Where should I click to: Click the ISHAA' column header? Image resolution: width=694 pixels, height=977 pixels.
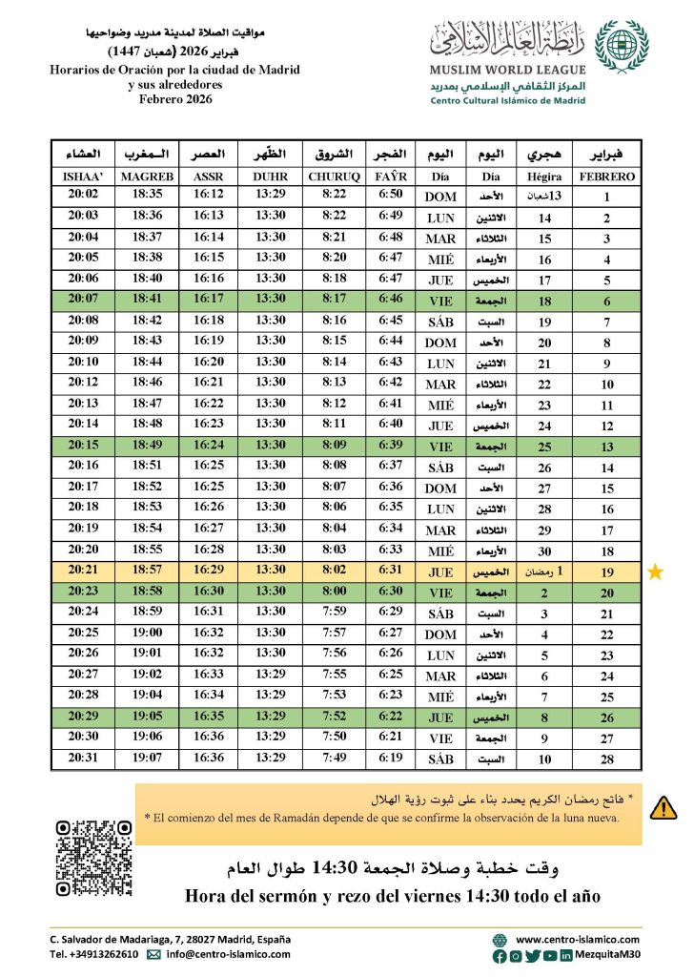pos(83,177)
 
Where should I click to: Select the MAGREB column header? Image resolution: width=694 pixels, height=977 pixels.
pos(148,177)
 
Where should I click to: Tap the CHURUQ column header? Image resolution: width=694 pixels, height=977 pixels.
pos(334,177)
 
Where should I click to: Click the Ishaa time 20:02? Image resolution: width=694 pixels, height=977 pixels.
pos(83,196)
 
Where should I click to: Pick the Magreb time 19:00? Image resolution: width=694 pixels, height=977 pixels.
pos(148,634)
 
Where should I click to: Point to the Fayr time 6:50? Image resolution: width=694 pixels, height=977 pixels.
pos(390,196)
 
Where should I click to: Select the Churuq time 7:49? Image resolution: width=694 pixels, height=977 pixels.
pos(334,759)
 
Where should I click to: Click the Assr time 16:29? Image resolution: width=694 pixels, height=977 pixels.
pos(209,572)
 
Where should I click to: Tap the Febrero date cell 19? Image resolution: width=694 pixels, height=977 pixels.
pos(606,572)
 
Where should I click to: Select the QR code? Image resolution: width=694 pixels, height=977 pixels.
pos(93,857)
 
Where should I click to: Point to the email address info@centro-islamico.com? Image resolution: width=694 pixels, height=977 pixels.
pos(228,954)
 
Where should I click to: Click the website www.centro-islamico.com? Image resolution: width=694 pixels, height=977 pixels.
pos(578,939)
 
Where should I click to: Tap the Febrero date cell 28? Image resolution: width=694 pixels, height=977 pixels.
pos(606,759)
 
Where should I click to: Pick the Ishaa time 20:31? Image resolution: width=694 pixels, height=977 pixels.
pos(83,759)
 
